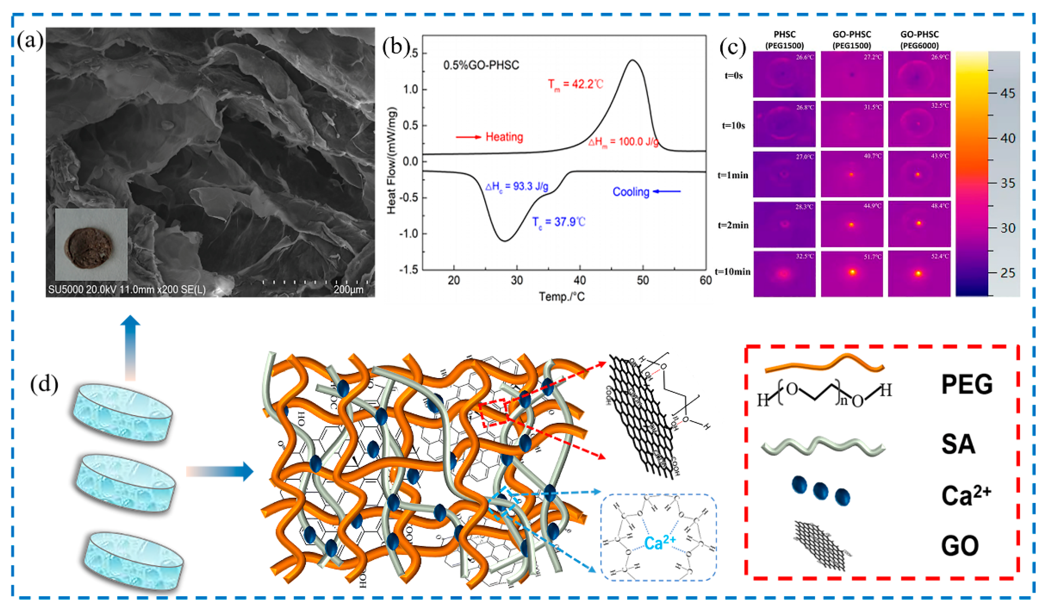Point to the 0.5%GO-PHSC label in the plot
[x=481, y=65]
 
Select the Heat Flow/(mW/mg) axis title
[x=392, y=160]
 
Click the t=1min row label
[x=733, y=175]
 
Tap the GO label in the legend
[x=960, y=546]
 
